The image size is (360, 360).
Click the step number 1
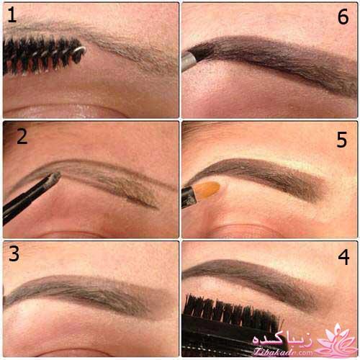(x=12, y=15)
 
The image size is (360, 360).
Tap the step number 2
(x=22, y=137)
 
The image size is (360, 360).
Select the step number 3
(x=14, y=253)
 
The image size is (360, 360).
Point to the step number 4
(x=343, y=257)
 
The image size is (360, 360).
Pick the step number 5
(x=341, y=140)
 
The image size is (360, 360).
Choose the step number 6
(x=343, y=17)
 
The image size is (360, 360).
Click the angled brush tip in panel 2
(x=55, y=179)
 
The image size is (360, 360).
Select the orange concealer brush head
(x=207, y=189)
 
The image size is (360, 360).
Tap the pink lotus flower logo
(x=337, y=340)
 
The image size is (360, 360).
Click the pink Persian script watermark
(x=283, y=339)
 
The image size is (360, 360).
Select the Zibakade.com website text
(x=283, y=352)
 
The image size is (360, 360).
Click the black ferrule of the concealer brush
(x=189, y=197)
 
